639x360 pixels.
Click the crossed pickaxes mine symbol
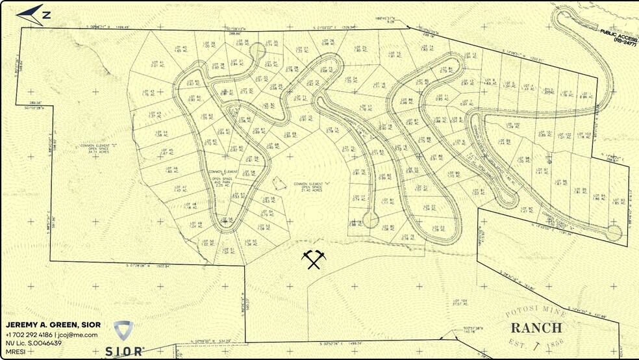313,259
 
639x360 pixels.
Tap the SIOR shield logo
123,329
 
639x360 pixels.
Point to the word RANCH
536,327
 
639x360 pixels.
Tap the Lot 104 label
459,302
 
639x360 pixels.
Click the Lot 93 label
618,201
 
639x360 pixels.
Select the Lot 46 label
171,170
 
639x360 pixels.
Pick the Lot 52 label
251,242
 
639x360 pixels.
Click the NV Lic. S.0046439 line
34,343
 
